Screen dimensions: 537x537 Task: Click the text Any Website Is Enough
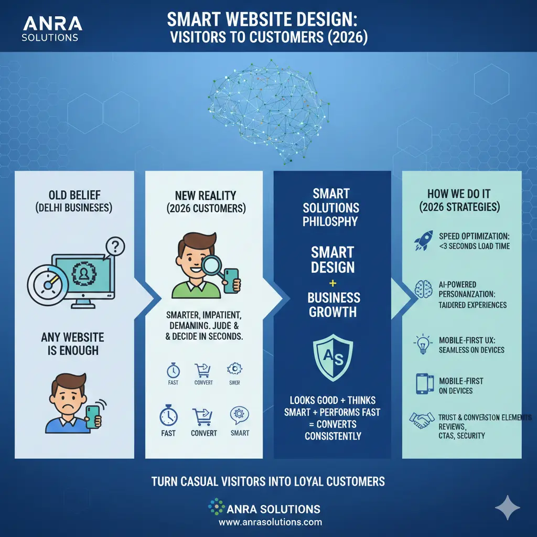pyautogui.click(x=72, y=343)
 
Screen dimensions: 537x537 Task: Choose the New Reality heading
pyautogui.click(x=203, y=201)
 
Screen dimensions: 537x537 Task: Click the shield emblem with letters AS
pyautogui.click(x=333, y=360)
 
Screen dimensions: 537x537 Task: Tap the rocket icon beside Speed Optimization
pyautogui.click(x=423, y=240)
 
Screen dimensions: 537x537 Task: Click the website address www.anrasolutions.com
pyautogui.click(x=270, y=522)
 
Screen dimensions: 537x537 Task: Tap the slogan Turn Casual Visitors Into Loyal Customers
pyautogui.click(x=268, y=481)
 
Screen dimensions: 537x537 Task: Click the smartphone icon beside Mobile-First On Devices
pyautogui.click(x=423, y=385)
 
